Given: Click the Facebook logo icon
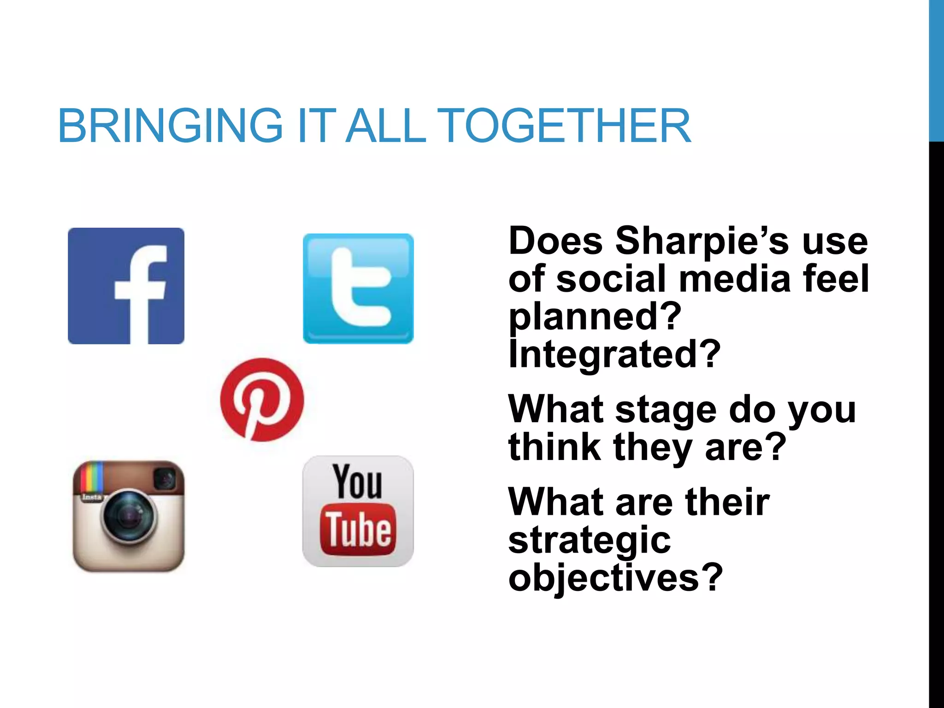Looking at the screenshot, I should point(126,286).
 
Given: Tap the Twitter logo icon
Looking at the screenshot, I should point(358,289).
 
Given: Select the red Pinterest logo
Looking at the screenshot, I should point(262,400).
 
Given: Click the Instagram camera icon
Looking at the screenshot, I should point(129,516).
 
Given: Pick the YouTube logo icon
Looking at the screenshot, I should point(358,511).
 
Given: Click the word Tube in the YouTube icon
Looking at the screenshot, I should point(358,530).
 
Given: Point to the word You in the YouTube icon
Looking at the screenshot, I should point(358,482).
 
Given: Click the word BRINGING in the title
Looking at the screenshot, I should point(170,126).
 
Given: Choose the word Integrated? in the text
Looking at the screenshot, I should point(614,354).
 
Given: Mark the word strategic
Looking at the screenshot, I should point(589,540).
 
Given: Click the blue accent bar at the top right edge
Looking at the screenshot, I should point(936,69).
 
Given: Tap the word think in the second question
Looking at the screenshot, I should point(555,447).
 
